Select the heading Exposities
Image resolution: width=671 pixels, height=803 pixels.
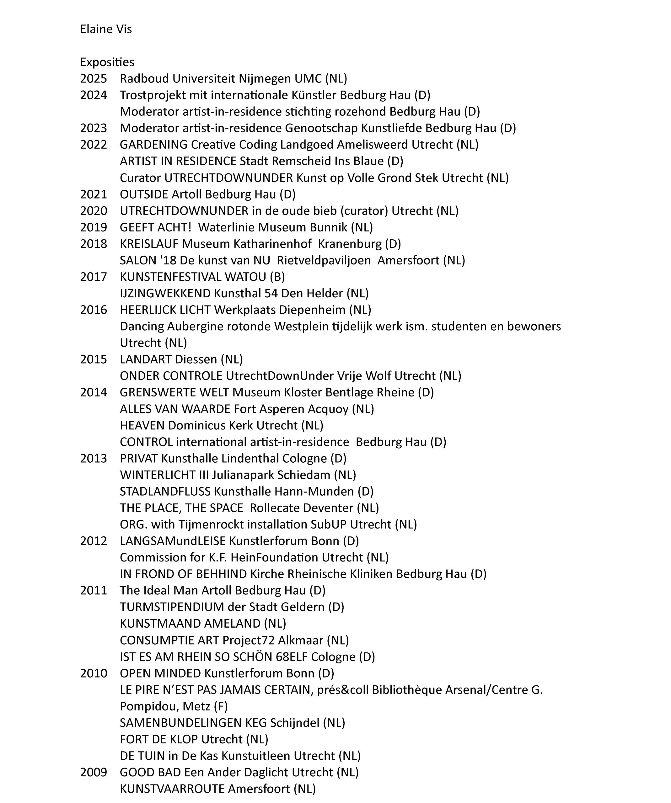tap(107, 62)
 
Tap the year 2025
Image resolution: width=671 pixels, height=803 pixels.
tap(93, 79)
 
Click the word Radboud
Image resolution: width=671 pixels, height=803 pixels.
tap(144, 79)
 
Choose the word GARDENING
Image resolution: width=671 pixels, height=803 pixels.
tap(153, 145)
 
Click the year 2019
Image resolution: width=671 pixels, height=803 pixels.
tap(93, 227)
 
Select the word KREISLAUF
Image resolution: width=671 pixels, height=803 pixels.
tap(149, 244)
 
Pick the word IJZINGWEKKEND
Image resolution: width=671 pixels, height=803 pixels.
tap(165, 293)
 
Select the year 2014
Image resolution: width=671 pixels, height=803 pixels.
tap(93, 392)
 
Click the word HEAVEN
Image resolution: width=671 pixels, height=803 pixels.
tap(142, 426)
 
